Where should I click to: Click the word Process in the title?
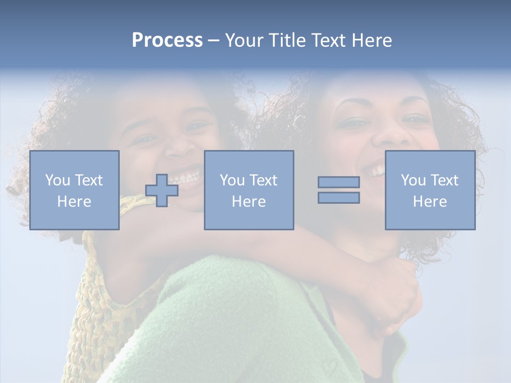pyautogui.click(x=167, y=40)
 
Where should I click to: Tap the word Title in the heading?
pyautogui.click(x=288, y=40)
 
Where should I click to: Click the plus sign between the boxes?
pyautogui.click(x=162, y=190)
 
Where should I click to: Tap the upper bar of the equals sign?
pyautogui.click(x=339, y=182)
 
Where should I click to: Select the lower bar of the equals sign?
pyautogui.click(x=339, y=198)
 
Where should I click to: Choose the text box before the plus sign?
pyautogui.click(x=75, y=190)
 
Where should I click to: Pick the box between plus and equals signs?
pyautogui.click(x=249, y=190)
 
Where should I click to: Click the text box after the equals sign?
pyautogui.click(x=430, y=190)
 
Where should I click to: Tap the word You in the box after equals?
pyautogui.click(x=413, y=180)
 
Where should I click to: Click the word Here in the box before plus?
pyautogui.click(x=75, y=202)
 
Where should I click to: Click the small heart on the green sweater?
pyautogui.click(x=329, y=367)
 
